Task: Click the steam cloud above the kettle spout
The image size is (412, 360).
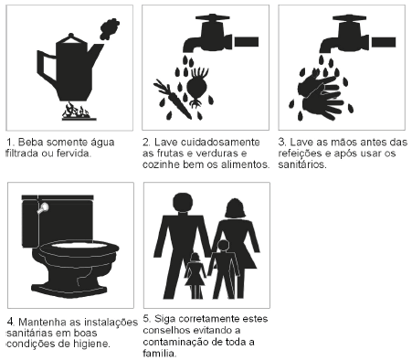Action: (x=110, y=28)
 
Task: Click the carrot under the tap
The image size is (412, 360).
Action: (x=173, y=99)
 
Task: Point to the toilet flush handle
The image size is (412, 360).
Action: (x=43, y=207)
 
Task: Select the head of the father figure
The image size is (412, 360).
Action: (x=183, y=203)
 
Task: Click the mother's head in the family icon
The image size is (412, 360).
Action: (x=235, y=208)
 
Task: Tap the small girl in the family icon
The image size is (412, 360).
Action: (x=195, y=276)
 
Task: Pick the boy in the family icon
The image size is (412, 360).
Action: (x=223, y=269)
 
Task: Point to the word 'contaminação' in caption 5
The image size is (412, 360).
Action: (x=176, y=342)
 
